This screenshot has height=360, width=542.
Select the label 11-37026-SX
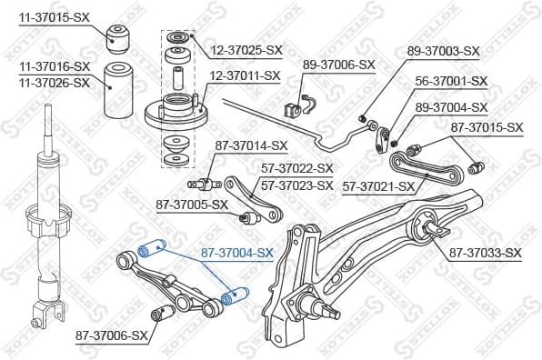(x=55, y=83)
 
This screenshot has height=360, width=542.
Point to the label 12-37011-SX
(x=246, y=75)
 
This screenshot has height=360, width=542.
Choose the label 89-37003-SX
(x=444, y=51)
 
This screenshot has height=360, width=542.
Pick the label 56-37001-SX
(x=452, y=81)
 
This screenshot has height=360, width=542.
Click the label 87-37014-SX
(x=251, y=145)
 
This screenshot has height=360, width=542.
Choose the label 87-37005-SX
(x=191, y=205)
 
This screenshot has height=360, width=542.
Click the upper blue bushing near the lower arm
(x=148, y=248)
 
